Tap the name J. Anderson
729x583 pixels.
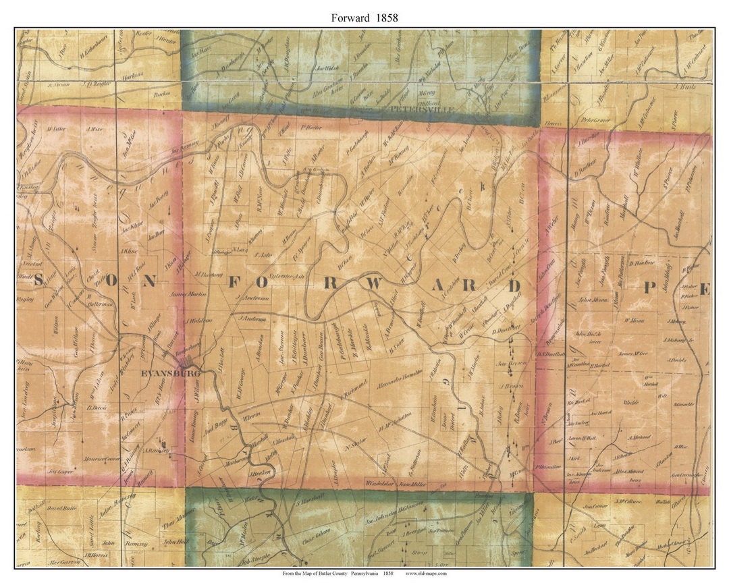(x=253, y=317)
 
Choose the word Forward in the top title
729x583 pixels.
(x=350, y=18)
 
